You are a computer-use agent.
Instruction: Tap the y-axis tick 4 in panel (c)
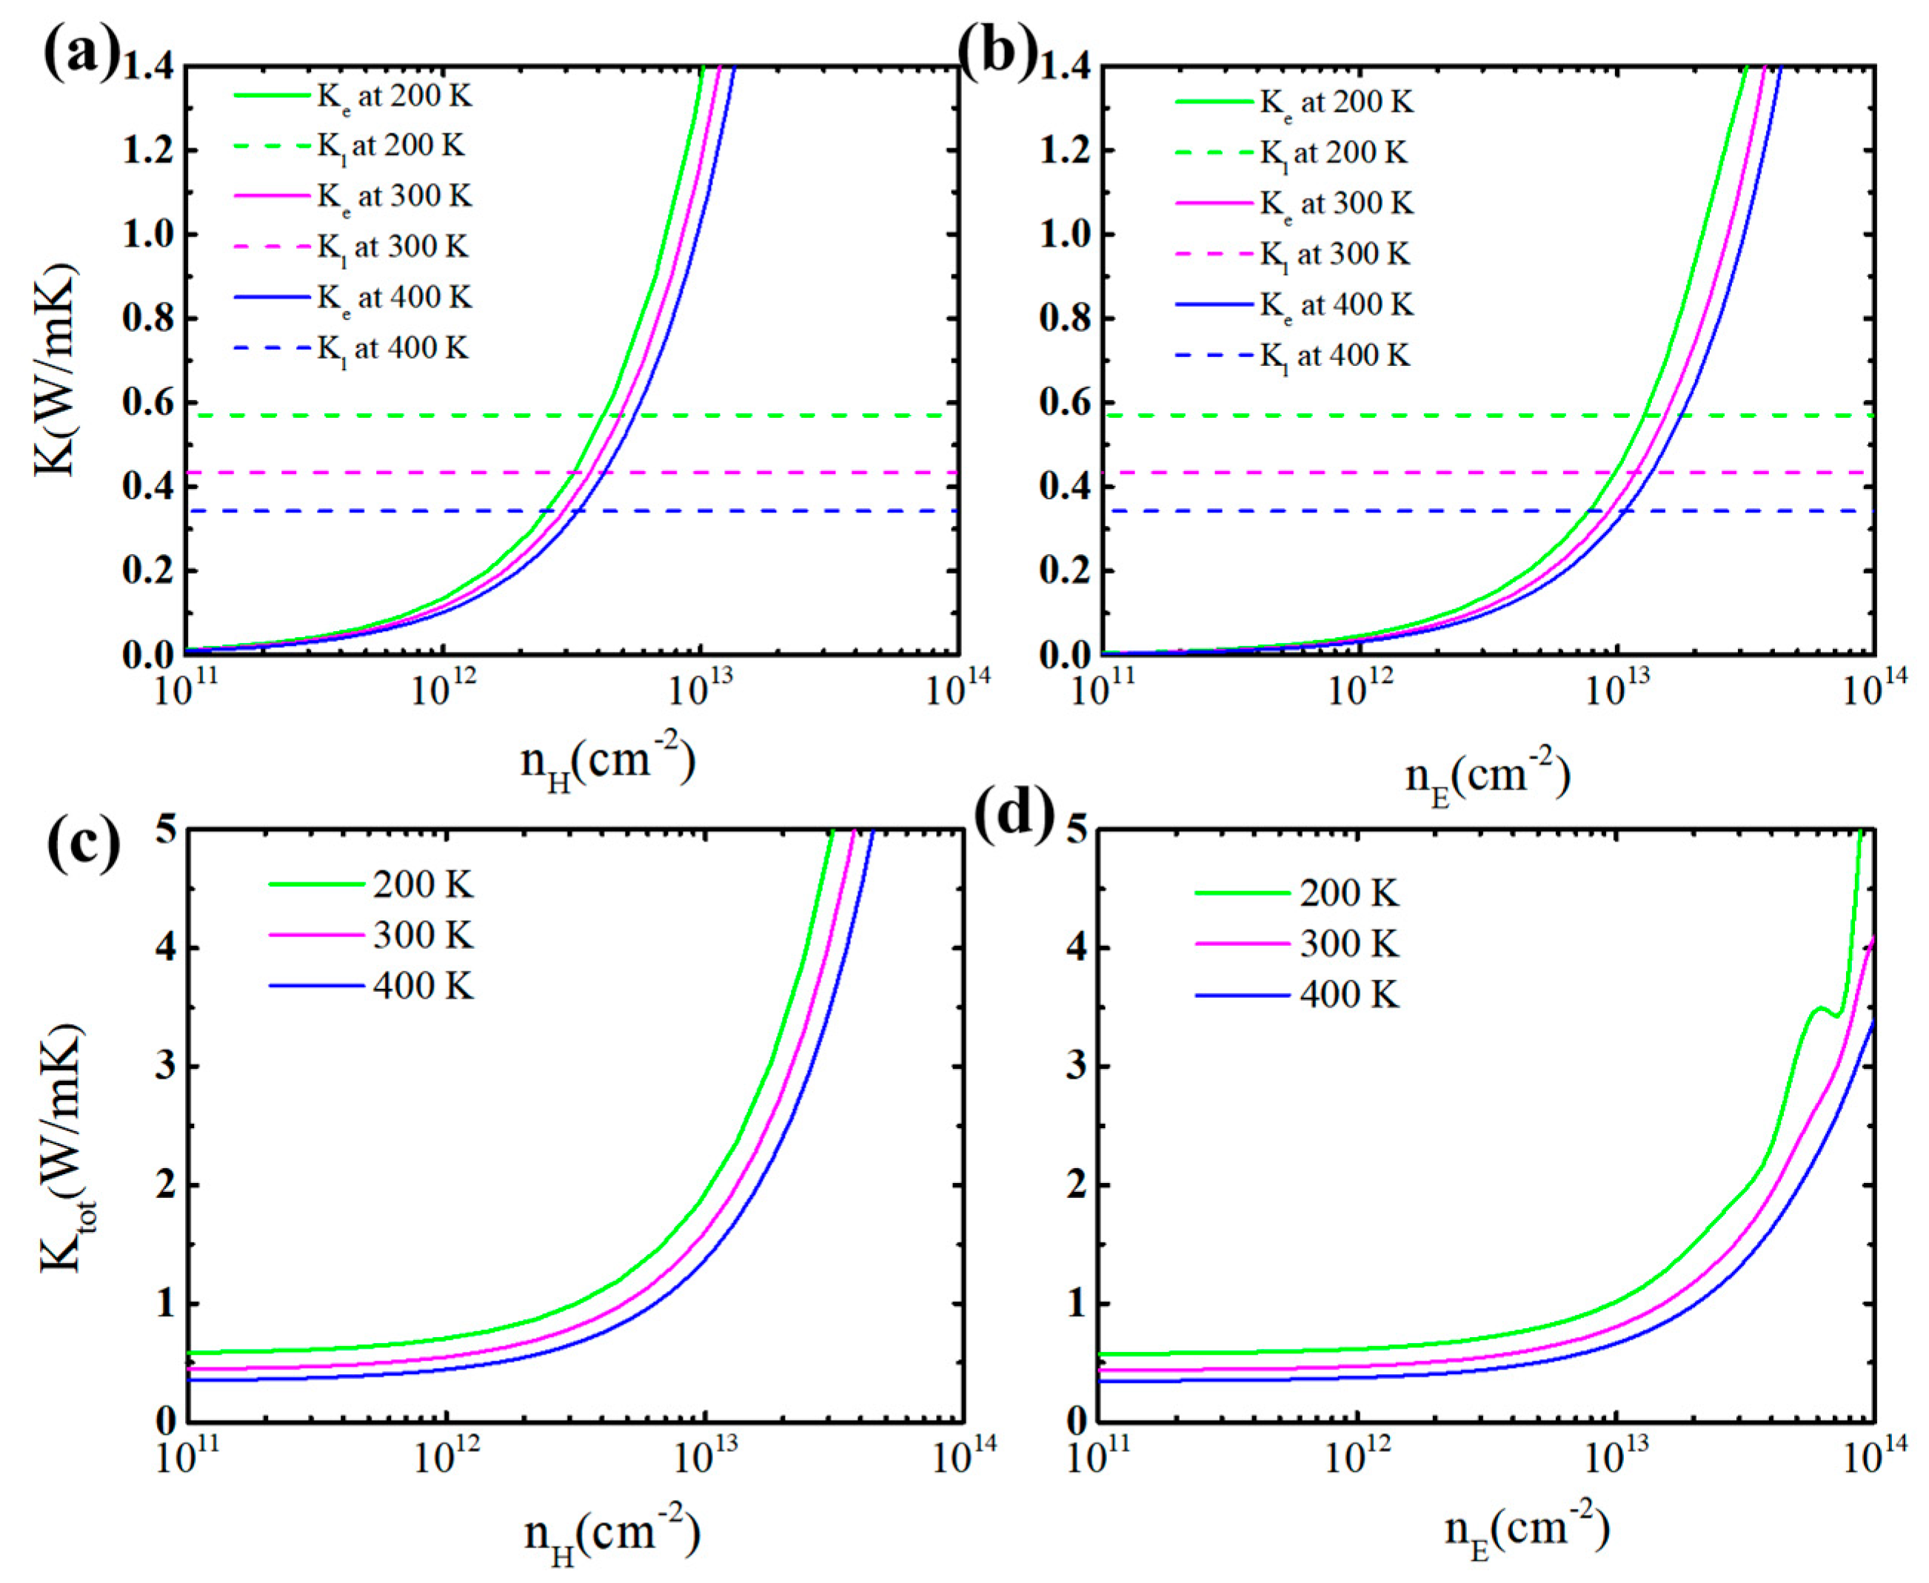click(x=166, y=948)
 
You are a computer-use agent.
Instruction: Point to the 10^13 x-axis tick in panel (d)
click(x=1617, y=1456)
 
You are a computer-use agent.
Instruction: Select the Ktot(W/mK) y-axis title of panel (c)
click(x=62, y=1149)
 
